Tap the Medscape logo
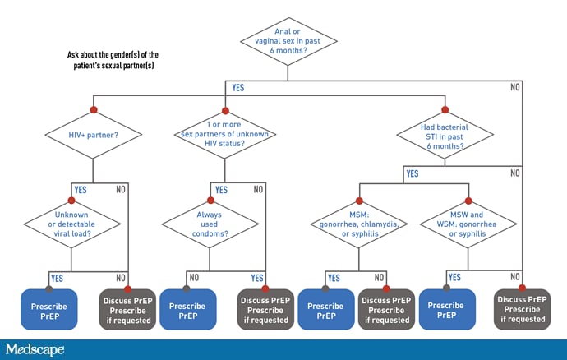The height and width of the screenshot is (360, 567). point(35,349)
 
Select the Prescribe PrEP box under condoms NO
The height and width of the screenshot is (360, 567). point(187,309)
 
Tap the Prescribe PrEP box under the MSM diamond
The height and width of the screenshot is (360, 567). point(325,309)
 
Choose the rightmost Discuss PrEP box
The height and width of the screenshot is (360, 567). point(522,309)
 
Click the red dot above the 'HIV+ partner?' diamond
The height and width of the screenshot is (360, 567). point(93,109)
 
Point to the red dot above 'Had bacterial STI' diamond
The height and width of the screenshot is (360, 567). point(445,109)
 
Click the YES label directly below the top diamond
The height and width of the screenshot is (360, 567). point(237,87)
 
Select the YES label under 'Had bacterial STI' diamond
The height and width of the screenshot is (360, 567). point(412,173)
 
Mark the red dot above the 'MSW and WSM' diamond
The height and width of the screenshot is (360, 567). point(468,202)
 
